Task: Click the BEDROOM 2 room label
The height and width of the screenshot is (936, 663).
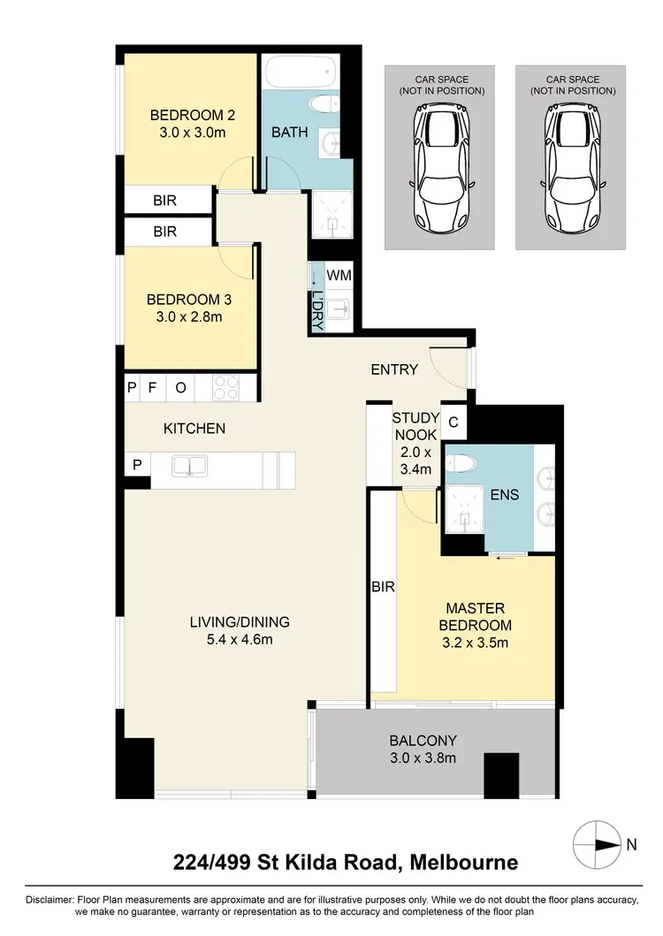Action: (191, 115)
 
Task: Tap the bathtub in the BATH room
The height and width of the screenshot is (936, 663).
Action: (299, 70)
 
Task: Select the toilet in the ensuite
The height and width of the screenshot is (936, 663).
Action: (461, 462)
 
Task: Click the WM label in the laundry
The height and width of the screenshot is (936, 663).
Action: (339, 276)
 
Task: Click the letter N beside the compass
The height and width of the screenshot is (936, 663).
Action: (631, 844)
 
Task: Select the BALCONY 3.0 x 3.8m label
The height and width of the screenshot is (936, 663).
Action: (423, 750)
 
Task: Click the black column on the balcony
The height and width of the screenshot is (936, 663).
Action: (501, 773)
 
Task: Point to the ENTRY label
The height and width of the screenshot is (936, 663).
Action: (394, 369)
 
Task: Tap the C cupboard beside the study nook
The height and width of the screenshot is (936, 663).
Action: (453, 422)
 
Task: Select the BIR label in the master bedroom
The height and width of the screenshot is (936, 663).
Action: (382, 586)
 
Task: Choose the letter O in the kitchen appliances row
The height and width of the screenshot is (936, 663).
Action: (180, 386)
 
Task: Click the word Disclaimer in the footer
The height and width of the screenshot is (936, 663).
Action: (50, 899)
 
